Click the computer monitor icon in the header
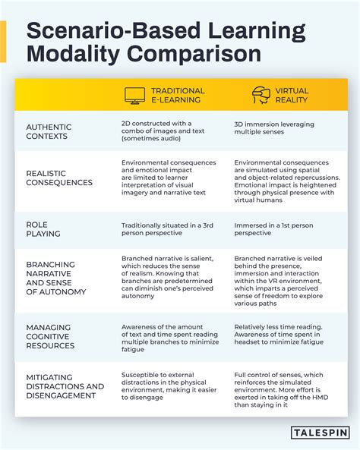click(134, 96)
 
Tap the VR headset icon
click(261, 95)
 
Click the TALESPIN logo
click(320, 433)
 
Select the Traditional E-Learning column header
click(178, 96)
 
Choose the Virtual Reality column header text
click(292, 96)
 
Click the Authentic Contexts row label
click(49, 131)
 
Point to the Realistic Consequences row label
click(59, 178)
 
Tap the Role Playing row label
click(43, 229)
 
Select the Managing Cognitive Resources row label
click(50, 336)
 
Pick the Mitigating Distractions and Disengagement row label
click(65, 386)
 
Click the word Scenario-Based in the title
click(113, 31)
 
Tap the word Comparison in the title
click(194, 54)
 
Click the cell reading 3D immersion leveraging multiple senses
click(274, 128)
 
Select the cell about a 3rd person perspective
click(167, 229)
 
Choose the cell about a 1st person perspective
click(273, 229)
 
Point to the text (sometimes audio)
click(151, 138)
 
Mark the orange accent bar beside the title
click(3, 42)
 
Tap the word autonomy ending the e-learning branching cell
click(138, 296)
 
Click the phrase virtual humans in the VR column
click(258, 200)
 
